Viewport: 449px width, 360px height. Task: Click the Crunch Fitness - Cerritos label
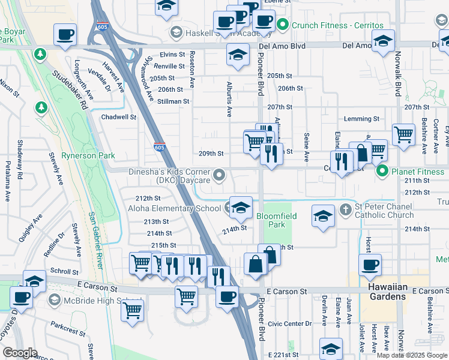coord(337,26)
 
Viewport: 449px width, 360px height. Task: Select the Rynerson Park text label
coord(89,155)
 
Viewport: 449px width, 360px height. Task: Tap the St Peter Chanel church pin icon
coord(345,210)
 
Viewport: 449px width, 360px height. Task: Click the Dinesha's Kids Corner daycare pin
coord(220,175)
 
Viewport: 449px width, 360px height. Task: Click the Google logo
coord(20,353)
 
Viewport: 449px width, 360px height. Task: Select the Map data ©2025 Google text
coord(411,355)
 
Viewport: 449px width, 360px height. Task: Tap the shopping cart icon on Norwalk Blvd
coord(403,134)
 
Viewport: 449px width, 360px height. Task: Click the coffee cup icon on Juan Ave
coord(370,264)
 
